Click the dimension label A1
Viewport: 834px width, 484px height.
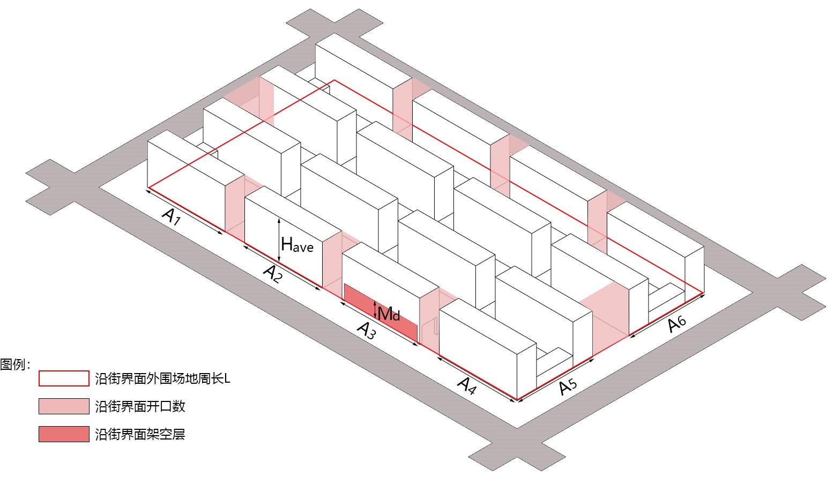coord(172,216)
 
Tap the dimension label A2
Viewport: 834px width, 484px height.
coord(273,273)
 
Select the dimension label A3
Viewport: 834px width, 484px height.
coord(367,330)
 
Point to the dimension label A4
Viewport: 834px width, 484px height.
coord(467,385)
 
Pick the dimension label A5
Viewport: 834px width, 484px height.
coord(568,386)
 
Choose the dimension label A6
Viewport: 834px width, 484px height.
coord(677,323)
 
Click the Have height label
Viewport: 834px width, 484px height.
coord(297,245)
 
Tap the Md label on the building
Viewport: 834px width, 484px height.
coord(389,314)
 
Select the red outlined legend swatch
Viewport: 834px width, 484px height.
coord(64,378)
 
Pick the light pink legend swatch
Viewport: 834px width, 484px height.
coord(64,406)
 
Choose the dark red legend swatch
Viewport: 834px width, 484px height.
coord(64,434)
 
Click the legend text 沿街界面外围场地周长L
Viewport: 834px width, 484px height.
coord(162,379)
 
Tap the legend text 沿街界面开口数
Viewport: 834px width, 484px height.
coord(140,406)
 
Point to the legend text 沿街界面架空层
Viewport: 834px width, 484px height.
coord(140,434)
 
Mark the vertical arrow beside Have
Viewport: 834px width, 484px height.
coord(279,241)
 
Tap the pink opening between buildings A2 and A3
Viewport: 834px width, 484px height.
coord(332,263)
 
